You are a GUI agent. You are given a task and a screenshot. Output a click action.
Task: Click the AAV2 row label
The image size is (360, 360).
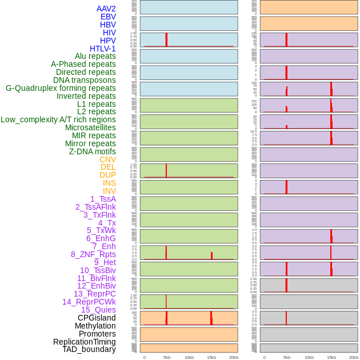pyautogui.click(x=106, y=9)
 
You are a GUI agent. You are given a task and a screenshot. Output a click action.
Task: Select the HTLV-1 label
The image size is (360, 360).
pyautogui.click(x=102, y=49)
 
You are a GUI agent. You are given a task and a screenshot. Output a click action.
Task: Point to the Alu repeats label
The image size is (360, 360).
pyautogui.click(x=95, y=56)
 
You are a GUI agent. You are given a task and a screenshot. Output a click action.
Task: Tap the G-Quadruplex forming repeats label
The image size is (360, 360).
pyautogui.click(x=61, y=88)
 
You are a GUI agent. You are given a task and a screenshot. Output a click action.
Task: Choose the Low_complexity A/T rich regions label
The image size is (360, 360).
pyautogui.click(x=58, y=119)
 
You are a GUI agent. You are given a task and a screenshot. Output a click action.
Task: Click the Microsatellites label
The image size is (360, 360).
pyautogui.click(x=90, y=127)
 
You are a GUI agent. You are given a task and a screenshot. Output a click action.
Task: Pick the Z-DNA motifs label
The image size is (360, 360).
pyautogui.click(x=92, y=151)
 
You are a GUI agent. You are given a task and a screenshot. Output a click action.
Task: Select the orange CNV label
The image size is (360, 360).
pyautogui.click(x=107, y=159)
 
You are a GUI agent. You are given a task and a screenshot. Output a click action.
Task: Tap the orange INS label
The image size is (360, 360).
pyautogui.click(x=109, y=183)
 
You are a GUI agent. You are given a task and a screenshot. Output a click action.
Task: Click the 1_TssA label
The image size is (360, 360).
pyautogui.click(x=103, y=199)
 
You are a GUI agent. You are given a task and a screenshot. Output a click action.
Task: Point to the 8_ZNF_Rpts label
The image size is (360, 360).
pyautogui.click(x=93, y=254)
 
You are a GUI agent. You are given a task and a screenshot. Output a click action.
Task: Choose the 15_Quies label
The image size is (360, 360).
pyautogui.click(x=98, y=310)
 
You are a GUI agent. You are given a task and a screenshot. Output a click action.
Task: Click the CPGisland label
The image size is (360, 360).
pyautogui.click(x=97, y=318)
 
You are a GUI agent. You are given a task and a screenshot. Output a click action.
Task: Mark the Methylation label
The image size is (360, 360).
pyautogui.click(x=95, y=326)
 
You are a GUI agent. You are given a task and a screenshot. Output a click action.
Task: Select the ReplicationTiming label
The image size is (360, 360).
pyautogui.click(x=85, y=342)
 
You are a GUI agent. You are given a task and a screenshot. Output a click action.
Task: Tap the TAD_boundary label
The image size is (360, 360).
pyautogui.click(x=89, y=349)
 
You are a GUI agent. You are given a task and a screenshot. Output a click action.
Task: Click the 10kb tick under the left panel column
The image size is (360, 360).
pyautogui.click(x=189, y=357)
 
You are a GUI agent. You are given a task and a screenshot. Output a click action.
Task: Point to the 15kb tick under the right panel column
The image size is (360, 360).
pyautogui.click(x=331, y=357)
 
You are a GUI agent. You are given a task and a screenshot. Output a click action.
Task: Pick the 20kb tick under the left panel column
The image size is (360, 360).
pyautogui.click(x=234, y=357)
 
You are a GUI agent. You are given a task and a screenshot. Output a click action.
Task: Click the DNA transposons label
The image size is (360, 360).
pyautogui.click(x=85, y=80)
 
